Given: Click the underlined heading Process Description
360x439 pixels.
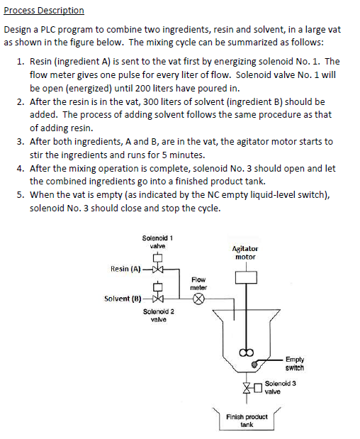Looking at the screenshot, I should coord(44,11).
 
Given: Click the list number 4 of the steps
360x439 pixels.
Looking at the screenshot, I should coord(20,169).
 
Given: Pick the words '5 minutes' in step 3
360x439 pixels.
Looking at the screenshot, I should coord(165,154).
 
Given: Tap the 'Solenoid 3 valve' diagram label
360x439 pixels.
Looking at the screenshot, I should coord(281,387).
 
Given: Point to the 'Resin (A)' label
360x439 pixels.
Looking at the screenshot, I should coord(126,269).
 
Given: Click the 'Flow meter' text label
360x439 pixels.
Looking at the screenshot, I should coord(199,284).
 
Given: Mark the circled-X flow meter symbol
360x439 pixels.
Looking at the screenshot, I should coord(199,299).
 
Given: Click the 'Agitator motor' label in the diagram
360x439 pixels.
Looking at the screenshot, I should coord(245,252).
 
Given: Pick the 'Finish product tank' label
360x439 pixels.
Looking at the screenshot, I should coord(247,420).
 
